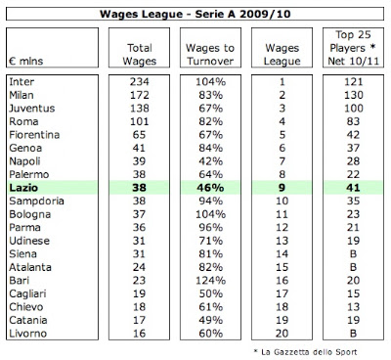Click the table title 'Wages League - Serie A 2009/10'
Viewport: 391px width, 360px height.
[195, 14]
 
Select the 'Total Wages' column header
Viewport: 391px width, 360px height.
[140, 55]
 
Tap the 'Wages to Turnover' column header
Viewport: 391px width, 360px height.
[210, 55]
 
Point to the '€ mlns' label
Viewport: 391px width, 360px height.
[26, 61]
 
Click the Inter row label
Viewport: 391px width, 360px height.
[22, 81]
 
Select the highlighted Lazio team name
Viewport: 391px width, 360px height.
[23, 188]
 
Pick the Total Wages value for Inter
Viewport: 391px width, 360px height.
[140, 81]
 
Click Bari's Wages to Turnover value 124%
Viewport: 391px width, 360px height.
[210, 281]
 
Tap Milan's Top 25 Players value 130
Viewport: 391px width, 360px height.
[354, 95]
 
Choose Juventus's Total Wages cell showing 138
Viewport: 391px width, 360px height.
[140, 109]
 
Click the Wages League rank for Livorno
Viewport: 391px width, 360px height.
[282, 334]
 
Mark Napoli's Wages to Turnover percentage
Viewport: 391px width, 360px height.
[211, 161]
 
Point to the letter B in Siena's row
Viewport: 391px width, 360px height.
[353, 254]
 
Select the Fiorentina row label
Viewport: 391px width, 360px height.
[34, 135]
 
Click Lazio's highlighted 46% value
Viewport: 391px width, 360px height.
[210, 188]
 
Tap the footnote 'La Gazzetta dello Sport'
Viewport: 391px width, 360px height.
[309, 352]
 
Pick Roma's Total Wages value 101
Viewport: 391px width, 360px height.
[140, 121]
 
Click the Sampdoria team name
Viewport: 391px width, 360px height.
[36, 202]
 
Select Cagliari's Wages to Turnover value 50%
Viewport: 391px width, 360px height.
[211, 293]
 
